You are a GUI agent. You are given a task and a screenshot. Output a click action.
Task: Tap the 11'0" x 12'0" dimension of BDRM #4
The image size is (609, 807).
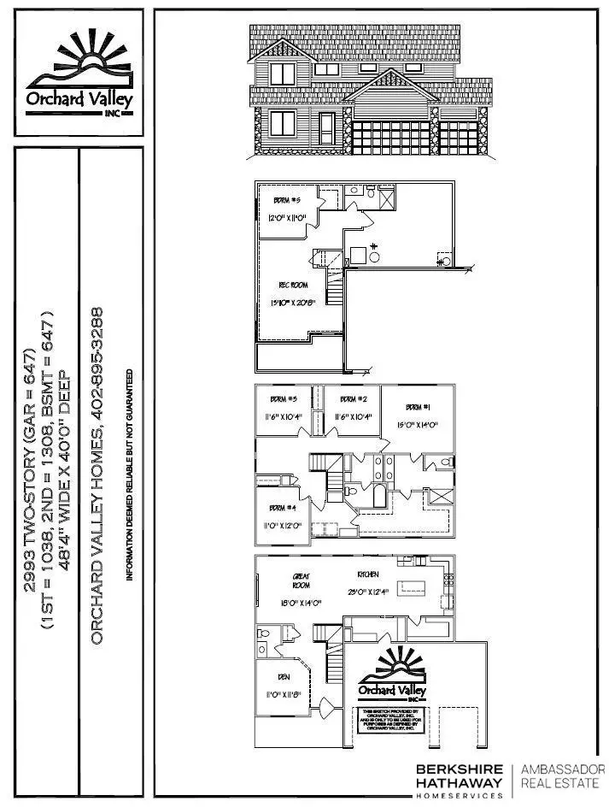pos(281,526)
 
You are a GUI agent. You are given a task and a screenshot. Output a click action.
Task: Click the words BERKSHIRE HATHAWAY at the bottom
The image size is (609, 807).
pos(460,775)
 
